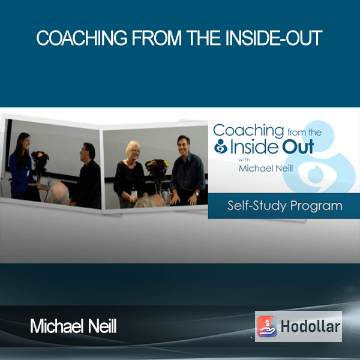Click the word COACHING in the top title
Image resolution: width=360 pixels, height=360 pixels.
click(82, 38)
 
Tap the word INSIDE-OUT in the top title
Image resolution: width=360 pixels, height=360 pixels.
click(274, 38)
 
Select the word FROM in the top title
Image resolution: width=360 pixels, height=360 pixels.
click(157, 38)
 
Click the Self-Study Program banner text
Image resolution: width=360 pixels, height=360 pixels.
click(284, 206)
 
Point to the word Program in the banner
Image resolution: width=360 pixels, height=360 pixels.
click(316, 206)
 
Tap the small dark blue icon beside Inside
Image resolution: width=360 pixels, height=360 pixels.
click(221, 146)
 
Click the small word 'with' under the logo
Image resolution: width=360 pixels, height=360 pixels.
click(244, 160)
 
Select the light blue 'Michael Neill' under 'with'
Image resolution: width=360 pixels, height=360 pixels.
click(266, 169)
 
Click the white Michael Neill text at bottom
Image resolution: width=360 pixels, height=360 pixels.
click(73, 326)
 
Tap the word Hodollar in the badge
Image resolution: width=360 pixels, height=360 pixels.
click(310, 326)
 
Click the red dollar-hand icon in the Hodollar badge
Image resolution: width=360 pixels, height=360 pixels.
click(267, 326)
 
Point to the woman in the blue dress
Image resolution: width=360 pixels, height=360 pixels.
click(22, 166)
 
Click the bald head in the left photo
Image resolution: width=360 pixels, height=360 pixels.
click(58, 193)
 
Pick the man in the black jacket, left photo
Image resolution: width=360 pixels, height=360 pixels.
click(88, 176)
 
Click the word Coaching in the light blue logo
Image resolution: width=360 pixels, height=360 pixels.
click(248, 130)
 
